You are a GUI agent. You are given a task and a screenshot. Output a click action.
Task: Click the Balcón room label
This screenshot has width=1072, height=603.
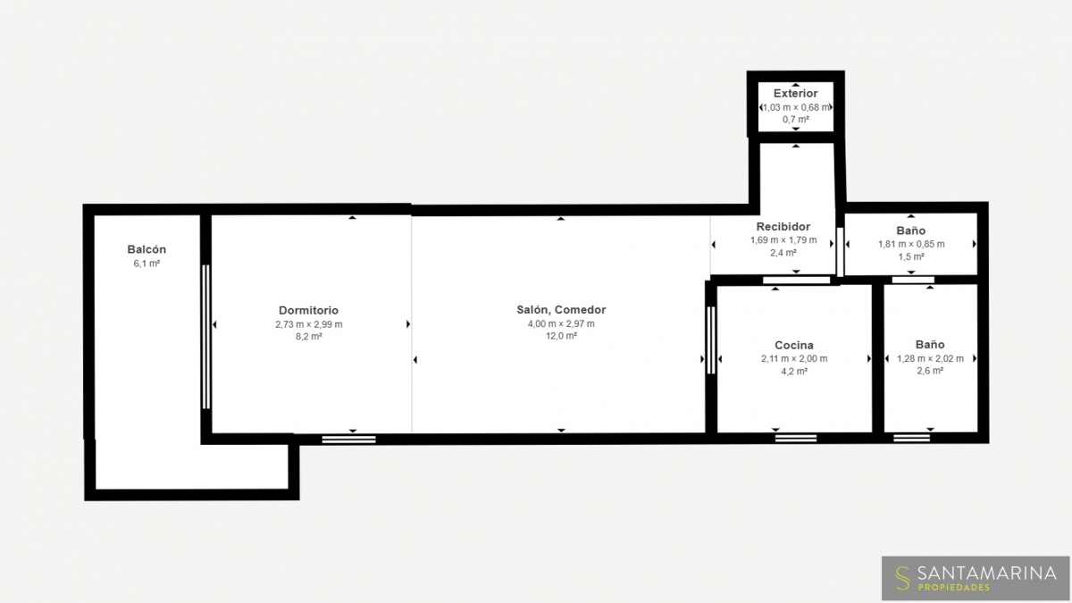147,249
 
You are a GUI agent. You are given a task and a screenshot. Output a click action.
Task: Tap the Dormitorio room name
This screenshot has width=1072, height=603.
309,310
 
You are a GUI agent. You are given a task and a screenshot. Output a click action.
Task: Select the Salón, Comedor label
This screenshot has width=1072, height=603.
561,310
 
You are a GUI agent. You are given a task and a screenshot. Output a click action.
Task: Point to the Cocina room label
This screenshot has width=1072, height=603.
794,345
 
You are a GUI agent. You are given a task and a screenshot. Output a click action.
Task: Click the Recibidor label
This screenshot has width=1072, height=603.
783,226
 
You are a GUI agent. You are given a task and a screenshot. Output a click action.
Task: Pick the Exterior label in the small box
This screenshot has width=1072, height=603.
795,93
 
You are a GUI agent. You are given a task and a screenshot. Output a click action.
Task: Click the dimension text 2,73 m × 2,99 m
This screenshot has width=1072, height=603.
309,324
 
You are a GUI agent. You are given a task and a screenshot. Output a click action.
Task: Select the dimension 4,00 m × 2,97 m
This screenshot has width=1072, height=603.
561,323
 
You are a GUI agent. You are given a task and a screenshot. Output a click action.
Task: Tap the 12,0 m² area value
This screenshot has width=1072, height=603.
561,336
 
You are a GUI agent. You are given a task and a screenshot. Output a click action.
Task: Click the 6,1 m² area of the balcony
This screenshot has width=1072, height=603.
147,264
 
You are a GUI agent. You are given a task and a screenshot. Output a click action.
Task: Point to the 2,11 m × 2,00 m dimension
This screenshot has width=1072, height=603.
794,358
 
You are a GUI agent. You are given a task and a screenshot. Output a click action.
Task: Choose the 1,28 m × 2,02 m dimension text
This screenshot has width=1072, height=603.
930,358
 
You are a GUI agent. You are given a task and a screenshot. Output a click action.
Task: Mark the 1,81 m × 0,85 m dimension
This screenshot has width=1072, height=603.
911,244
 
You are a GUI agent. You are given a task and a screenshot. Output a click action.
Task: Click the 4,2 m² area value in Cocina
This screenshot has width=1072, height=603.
794,371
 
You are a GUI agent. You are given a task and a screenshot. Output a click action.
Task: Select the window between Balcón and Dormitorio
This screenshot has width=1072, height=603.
205,337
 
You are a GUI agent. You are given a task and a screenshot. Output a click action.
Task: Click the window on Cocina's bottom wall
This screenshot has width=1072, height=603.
796,438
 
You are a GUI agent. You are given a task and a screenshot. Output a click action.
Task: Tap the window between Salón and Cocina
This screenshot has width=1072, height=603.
711,340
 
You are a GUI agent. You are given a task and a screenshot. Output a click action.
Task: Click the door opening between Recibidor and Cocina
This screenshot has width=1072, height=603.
796,281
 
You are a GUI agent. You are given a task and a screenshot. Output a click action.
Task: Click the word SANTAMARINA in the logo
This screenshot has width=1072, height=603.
987,573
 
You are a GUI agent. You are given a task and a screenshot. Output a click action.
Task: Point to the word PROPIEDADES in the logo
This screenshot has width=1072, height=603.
954,587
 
